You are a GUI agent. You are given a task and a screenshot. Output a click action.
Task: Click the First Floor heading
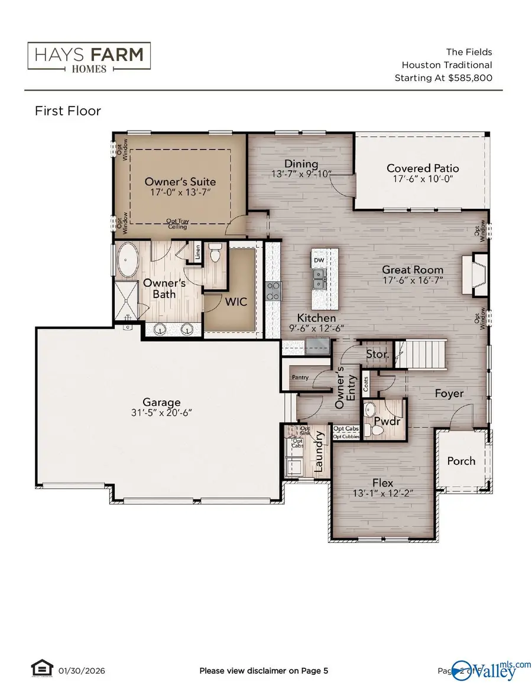[x=68, y=111]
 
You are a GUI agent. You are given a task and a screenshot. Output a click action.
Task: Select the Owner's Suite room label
[x=180, y=182]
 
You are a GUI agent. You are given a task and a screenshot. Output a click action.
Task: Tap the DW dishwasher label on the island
[x=319, y=260]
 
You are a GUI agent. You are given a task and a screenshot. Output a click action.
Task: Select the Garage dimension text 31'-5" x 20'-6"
[x=157, y=414]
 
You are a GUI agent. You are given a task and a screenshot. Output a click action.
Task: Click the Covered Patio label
[x=422, y=168]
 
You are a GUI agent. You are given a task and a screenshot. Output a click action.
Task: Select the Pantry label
[x=300, y=377]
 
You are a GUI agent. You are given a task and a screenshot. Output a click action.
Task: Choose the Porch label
[x=461, y=460]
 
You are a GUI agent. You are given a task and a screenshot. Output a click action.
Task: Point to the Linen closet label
[x=198, y=251]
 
